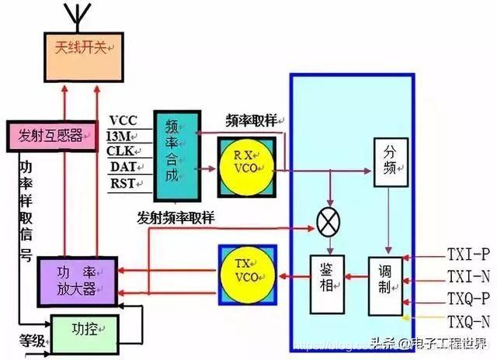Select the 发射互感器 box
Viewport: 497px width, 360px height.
point(51,134)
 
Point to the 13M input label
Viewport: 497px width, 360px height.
point(121,136)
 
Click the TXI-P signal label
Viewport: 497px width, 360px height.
point(467,254)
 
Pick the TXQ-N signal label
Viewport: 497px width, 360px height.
point(468,320)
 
